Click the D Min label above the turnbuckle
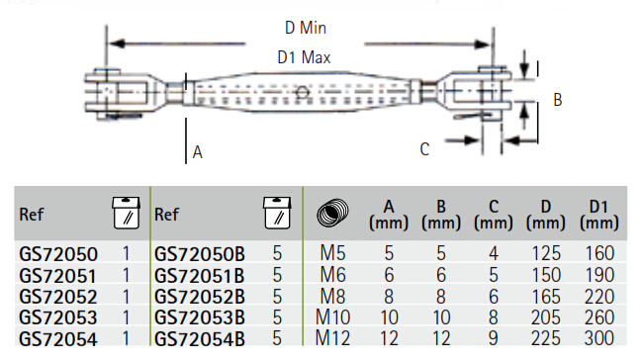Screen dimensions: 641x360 [x=306, y=28]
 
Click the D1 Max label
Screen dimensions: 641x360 [x=304, y=57]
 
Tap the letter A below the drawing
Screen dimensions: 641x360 [x=198, y=152]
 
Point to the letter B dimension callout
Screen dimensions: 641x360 [x=558, y=100]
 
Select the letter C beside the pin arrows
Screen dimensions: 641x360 [x=424, y=149]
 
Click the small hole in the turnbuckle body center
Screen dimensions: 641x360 [x=302, y=92]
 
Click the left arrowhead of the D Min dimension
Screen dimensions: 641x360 [x=117, y=44]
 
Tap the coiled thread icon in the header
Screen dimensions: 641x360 [x=332, y=213]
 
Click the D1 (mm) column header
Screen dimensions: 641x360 [x=598, y=215]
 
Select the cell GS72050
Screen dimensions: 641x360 [x=58, y=254]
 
